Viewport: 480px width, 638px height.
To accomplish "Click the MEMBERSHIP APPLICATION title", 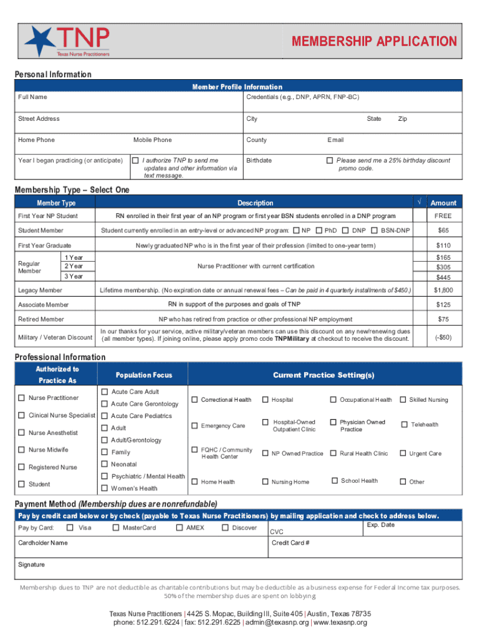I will click(375, 42).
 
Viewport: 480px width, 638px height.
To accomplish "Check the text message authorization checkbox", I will click(135, 160).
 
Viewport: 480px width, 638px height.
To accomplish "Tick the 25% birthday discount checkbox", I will click(330, 160).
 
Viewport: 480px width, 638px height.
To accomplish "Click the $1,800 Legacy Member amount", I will click(443, 290).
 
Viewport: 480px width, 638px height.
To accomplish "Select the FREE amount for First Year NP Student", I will click(443, 216).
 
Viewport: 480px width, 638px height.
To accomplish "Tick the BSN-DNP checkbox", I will click(374, 231).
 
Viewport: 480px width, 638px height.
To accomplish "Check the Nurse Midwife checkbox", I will click(22, 450).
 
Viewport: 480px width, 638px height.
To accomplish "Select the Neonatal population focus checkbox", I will click(104, 464).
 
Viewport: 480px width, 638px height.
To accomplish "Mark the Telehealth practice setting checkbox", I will click(403, 424).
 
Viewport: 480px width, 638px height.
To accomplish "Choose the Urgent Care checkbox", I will click(403, 453).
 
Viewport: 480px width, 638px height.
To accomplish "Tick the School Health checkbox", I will click(335, 480).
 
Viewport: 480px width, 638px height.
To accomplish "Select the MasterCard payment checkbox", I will click(116, 528).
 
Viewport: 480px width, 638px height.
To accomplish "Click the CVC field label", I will click(276, 532).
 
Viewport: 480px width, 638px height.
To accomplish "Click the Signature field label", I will click(31, 564).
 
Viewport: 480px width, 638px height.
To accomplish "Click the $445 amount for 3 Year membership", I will click(443, 277).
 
